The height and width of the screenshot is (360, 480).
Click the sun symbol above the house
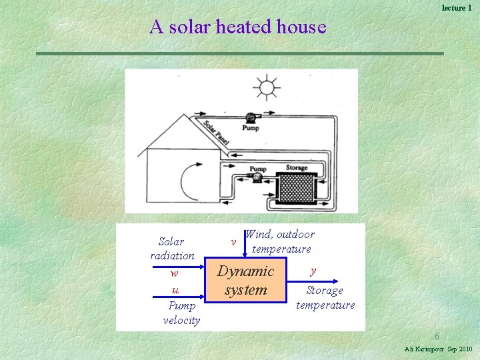(x=267, y=88)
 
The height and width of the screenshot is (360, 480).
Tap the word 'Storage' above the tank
(x=297, y=168)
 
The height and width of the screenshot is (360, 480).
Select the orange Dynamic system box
(x=245, y=281)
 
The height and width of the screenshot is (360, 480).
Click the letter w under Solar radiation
(x=174, y=273)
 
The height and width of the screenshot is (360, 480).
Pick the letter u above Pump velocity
(x=175, y=289)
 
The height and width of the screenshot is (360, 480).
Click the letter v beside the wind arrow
(x=233, y=241)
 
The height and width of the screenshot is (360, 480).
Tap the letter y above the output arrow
(x=313, y=271)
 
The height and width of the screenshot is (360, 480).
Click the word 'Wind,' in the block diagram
(x=260, y=234)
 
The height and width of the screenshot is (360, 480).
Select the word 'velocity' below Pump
(x=181, y=321)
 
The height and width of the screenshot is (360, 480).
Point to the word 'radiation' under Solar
(x=173, y=255)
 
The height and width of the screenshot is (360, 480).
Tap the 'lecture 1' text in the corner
(x=457, y=7)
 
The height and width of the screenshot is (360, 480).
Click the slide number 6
(x=437, y=337)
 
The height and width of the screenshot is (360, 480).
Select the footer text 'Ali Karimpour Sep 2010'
(x=438, y=349)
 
